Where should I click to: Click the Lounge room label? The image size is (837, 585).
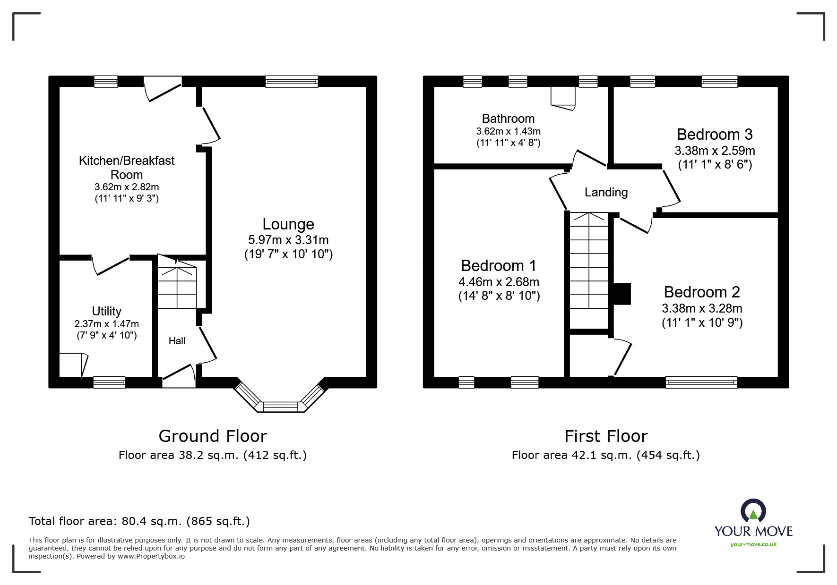pyautogui.click(x=288, y=224)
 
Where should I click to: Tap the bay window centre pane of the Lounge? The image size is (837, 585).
pyautogui.click(x=281, y=406)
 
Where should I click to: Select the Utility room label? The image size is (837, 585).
pyautogui.click(x=106, y=311)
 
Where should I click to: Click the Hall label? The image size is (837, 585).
pyautogui.click(x=177, y=341)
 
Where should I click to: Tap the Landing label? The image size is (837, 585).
pyautogui.click(x=606, y=192)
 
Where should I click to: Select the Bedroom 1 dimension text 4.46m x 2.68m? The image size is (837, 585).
pyautogui.click(x=499, y=282)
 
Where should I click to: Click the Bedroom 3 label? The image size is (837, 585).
pyautogui.click(x=714, y=135)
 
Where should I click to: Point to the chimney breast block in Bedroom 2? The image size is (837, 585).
pyautogui.click(x=622, y=294)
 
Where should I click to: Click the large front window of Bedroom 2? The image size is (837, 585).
pyautogui.click(x=701, y=382)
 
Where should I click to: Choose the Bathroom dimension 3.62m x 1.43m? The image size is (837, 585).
pyautogui.click(x=508, y=131)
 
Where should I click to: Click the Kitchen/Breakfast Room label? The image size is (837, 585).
pyautogui.click(x=127, y=167)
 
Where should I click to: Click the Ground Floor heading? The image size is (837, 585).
pyautogui.click(x=213, y=436)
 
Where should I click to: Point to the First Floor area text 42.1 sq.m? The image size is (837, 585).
pyautogui.click(x=605, y=455)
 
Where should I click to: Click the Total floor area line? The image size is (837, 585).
pyautogui.click(x=139, y=521)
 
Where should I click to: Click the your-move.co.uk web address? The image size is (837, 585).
pyautogui.click(x=753, y=544)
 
